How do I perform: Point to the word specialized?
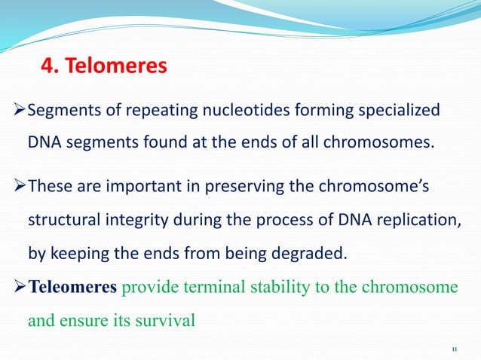[400, 111]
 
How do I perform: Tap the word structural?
[61, 220]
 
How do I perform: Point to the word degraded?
[310, 252]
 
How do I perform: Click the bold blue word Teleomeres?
[72, 288]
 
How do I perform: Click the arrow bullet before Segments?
[20, 111]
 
